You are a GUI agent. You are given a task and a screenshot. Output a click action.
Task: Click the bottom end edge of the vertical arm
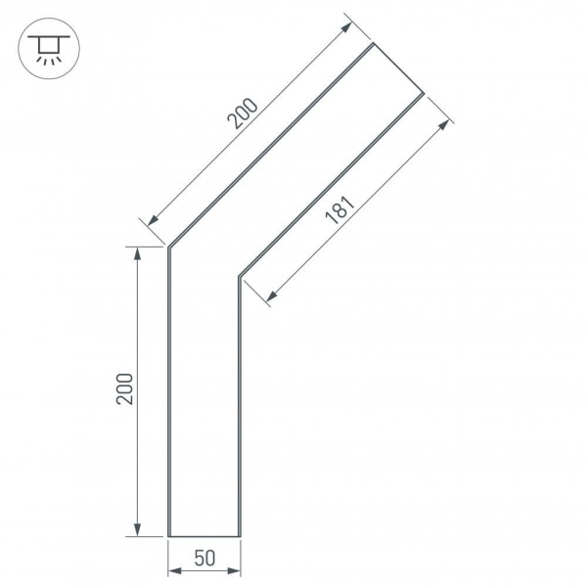pos(204,537)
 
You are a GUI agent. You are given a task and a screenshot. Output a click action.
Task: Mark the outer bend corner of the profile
pos(169,246)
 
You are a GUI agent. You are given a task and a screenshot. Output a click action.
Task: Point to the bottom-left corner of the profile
pos(169,537)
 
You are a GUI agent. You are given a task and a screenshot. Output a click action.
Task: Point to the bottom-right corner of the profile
pos(240,537)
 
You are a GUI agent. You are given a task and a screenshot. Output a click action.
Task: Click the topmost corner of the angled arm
pos(374,44)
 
